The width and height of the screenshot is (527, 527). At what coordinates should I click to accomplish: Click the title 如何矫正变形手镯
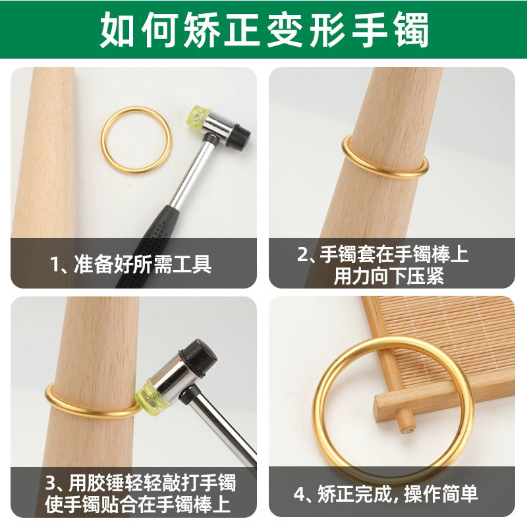264,30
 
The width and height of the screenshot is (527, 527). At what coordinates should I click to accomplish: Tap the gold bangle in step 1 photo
136,111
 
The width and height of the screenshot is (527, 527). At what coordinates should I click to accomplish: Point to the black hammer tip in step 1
239,137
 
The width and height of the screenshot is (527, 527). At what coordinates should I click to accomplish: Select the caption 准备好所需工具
143,264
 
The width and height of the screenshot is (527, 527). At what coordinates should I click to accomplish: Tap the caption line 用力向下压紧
389,276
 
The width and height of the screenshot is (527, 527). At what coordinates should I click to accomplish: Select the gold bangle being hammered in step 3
91,412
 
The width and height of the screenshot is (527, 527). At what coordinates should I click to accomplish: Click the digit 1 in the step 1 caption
55,265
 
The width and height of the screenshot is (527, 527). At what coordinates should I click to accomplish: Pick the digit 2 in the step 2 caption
302,254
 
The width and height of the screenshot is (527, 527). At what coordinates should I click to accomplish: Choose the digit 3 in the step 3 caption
51,483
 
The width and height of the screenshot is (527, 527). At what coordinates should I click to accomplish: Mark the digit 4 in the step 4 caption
300,494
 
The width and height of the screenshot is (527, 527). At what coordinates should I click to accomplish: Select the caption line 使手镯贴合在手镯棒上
138,504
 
